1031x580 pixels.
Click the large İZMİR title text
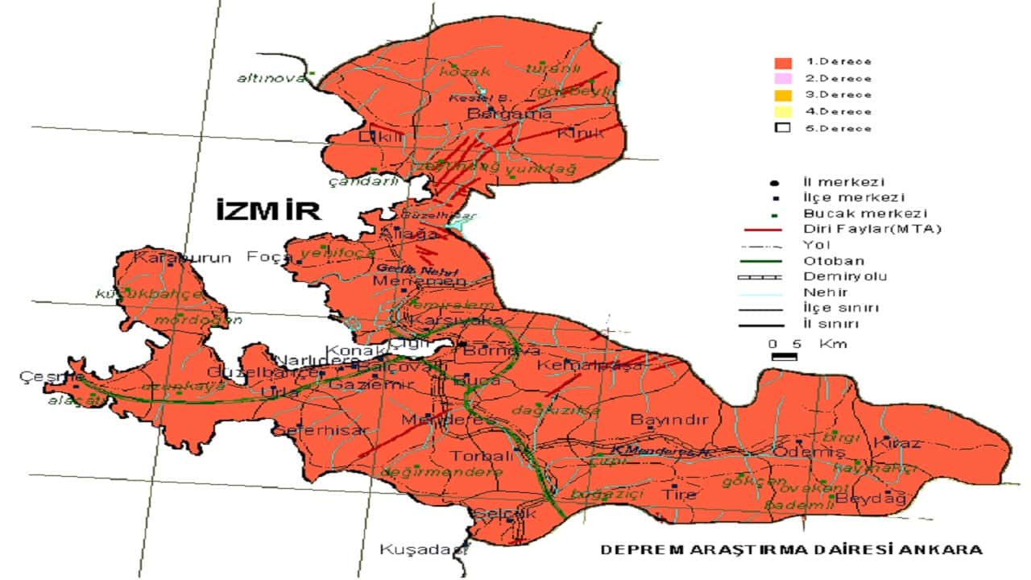268,211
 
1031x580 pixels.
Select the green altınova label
271,78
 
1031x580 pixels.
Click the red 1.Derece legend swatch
782,62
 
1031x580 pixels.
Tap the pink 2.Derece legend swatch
782,78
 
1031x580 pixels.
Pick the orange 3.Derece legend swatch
782,95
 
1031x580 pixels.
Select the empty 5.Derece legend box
782,128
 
